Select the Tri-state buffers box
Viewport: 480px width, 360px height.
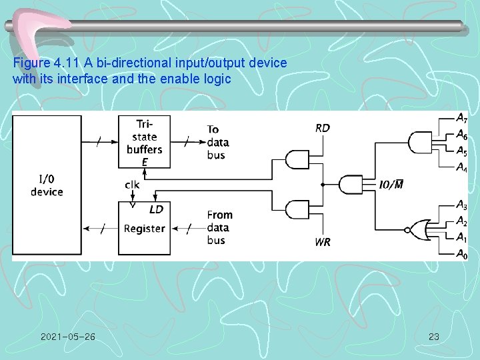coord(144,141)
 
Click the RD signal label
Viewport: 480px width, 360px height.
coord(322,128)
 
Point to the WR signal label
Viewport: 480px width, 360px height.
coord(322,242)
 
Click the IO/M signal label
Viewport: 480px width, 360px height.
coord(391,184)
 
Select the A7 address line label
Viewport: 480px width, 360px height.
coord(461,118)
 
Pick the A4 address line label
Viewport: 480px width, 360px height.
coord(461,167)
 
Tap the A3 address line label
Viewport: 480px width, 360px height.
coord(461,205)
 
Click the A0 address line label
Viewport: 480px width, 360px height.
coord(461,253)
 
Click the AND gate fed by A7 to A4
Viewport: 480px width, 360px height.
coord(419,142)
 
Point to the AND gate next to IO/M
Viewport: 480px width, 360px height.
coord(351,184)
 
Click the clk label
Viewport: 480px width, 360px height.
coord(132,184)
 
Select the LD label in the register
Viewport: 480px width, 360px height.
coord(156,209)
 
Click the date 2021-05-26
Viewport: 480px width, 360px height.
coord(67,337)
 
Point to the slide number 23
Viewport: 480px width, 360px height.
coord(433,337)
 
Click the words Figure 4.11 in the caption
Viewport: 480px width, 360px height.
coord(44,63)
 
